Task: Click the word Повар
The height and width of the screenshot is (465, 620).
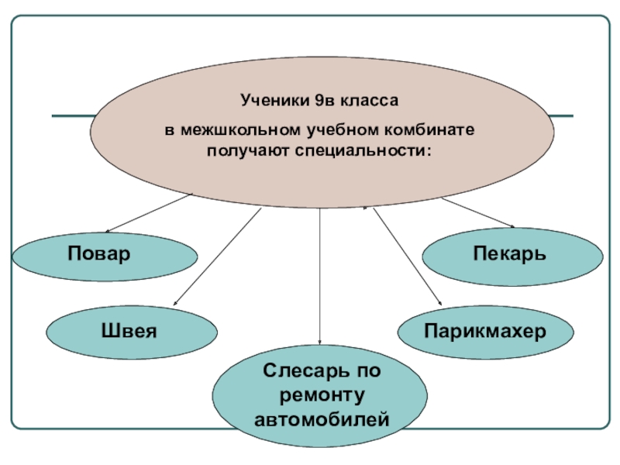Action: pyautogui.click(x=98, y=253)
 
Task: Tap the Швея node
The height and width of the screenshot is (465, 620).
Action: pyautogui.click(x=129, y=332)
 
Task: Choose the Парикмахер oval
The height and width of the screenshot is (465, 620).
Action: pyautogui.click(x=485, y=332)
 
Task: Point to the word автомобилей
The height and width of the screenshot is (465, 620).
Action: pyautogui.click(x=321, y=421)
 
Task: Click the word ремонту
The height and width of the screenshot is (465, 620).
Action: pyautogui.click(x=321, y=395)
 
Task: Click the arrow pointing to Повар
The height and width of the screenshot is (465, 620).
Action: pyautogui.click(x=147, y=213)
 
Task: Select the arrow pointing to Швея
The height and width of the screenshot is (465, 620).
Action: pyautogui.click(x=217, y=256)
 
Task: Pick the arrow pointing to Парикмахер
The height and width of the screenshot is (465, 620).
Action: pyautogui.click(x=407, y=256)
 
